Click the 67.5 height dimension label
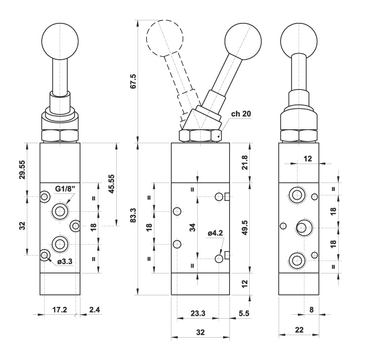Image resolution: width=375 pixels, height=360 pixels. (133, 81)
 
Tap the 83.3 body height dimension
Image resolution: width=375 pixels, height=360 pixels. (133, 215)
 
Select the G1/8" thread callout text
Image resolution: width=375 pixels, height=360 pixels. (65, 188)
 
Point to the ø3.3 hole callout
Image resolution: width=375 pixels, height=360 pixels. (65, 262)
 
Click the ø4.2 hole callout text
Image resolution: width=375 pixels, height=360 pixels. (215, 232)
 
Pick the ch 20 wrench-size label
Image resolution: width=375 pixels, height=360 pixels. (241, 114)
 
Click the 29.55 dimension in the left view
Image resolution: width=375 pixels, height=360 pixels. (22, 170)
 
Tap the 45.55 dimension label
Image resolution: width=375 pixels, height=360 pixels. (111, 184)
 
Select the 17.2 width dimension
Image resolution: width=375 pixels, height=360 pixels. (60, 309)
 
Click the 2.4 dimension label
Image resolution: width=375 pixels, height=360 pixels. (94, 309)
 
